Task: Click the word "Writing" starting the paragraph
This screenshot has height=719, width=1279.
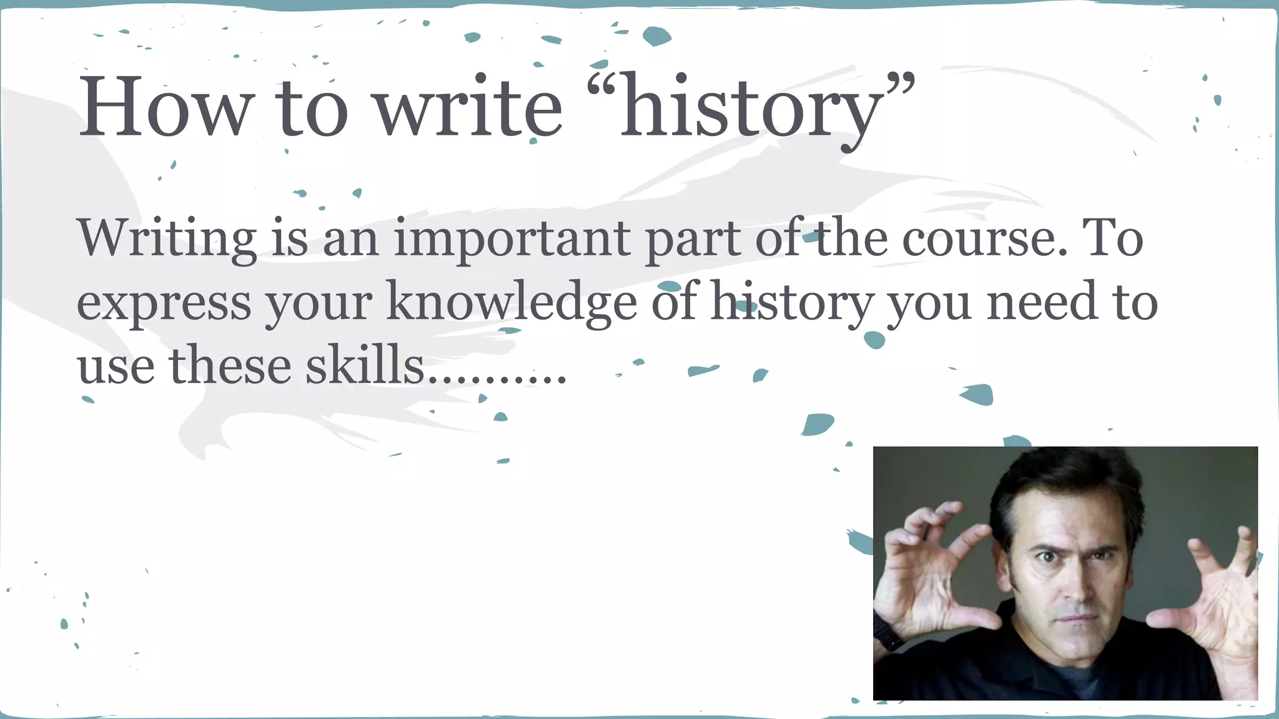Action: tap(167, 239)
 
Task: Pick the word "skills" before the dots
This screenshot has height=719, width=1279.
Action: tap(364, 366)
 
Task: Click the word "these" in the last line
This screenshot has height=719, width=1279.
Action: tap(230, 366)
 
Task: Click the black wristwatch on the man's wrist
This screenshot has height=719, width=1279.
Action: tap(887, 632)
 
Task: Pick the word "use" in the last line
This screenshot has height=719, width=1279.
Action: tap(116, 366)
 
